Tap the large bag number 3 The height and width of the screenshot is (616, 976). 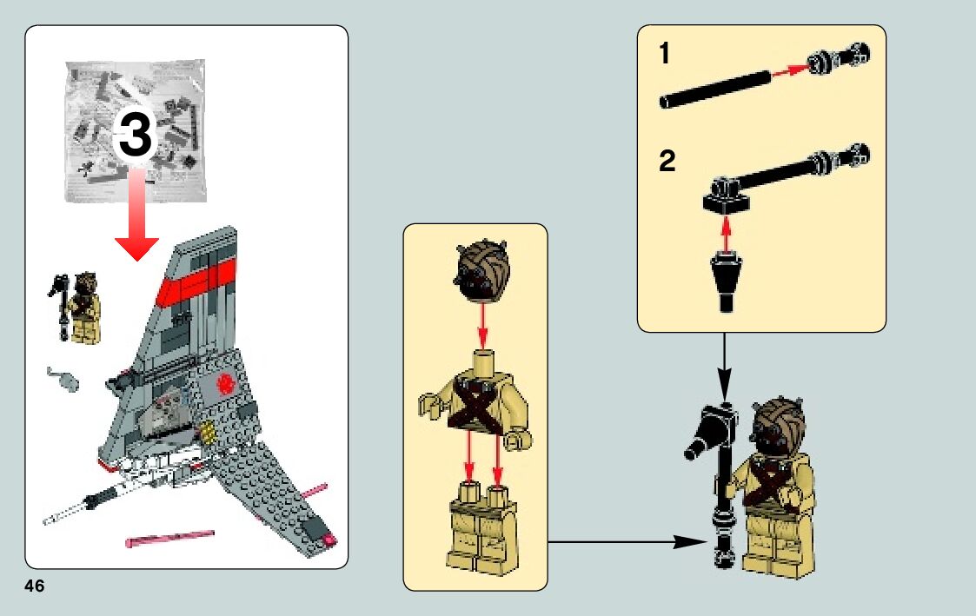136,136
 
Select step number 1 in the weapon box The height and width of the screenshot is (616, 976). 665,56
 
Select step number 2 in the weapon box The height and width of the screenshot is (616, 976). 667,162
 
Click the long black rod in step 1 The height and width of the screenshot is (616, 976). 714,89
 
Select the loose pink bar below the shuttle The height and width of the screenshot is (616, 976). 169,538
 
